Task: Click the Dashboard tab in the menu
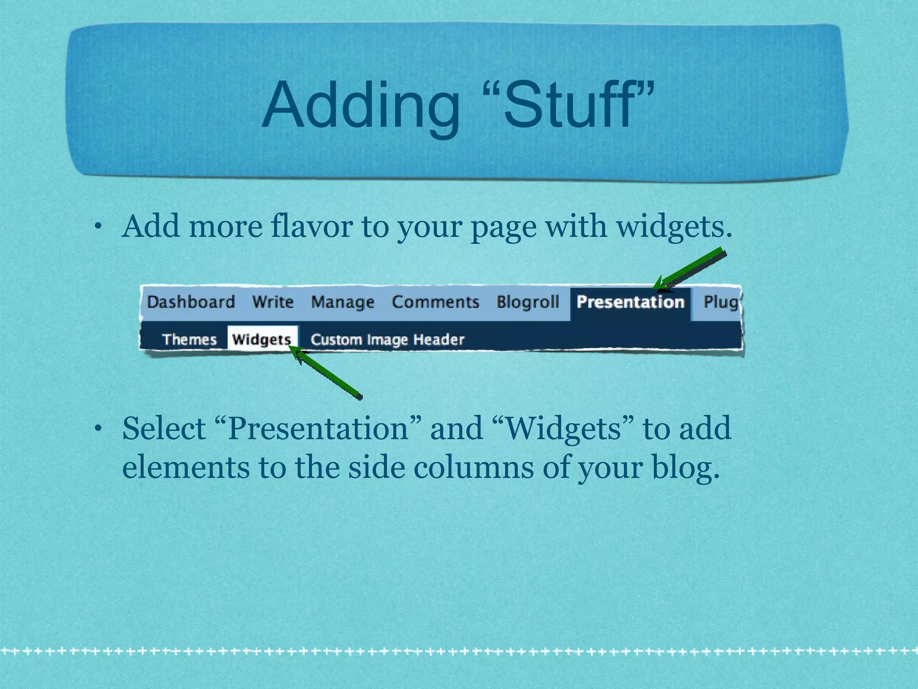pyautogui.click(x=191, y=302)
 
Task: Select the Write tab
pyautogui.click(x=273, y=302)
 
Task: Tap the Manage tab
pyautogui.click(x=342, y=302)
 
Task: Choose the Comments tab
pyautogui.click(x=435, y=302)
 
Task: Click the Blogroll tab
pyautogui.click(x=528, y=302)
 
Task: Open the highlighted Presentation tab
pyautogui.click(x=630, y=302)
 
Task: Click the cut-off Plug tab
pyautogui.click(x=720, y=302)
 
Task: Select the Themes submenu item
pyautogui.click(x=189, y=340)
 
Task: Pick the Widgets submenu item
pyautogui.click(x=262, y=340)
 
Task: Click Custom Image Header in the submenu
pyautogui.click(x=387, y=340)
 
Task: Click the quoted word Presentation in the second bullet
pyautogui.click(x=318, y=428)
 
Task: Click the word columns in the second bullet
pyautogui.click(x=472, y=467)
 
